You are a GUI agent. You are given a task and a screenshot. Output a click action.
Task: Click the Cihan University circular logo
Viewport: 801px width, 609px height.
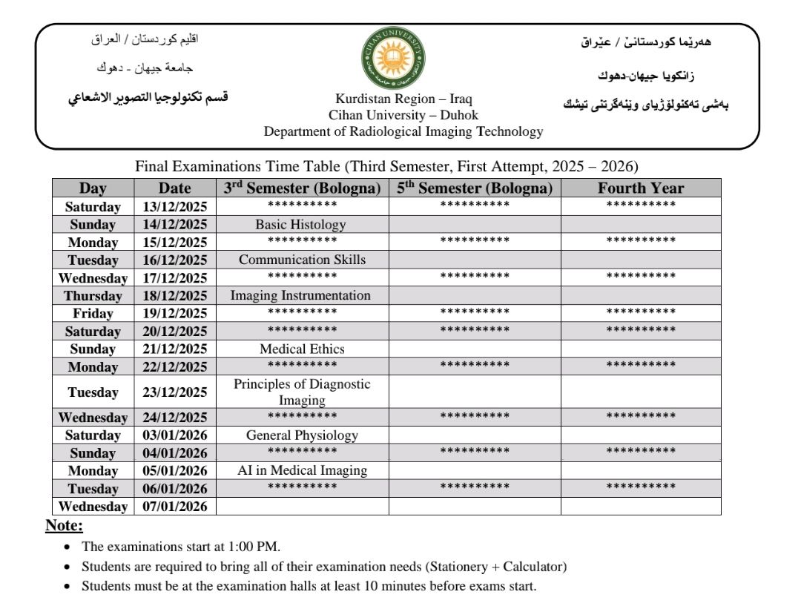[393, 59]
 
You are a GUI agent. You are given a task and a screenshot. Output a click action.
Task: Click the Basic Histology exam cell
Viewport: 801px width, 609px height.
[300, 225]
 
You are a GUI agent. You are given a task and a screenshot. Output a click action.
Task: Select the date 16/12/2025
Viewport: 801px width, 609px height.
[175, 260]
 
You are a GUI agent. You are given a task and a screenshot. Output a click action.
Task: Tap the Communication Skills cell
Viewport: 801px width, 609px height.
[302, 260]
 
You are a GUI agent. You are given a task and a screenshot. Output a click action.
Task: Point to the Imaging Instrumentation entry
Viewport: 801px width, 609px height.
[300, 295]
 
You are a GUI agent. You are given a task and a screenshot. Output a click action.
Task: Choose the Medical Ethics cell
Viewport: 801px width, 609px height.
[302, 349]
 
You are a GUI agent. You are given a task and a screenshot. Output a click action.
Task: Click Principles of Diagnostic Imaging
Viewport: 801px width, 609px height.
[302, 392]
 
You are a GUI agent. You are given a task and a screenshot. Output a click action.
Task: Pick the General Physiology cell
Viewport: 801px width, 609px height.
[302, 435]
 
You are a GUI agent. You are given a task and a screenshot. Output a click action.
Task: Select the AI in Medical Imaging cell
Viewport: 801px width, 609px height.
[302, 470]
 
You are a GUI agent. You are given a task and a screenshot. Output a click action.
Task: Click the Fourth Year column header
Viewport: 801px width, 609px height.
[641, 188]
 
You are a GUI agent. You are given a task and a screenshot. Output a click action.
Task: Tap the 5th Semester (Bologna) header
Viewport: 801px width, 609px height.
[475, 188]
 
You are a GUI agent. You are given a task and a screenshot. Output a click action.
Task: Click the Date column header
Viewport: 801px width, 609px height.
[175, 188]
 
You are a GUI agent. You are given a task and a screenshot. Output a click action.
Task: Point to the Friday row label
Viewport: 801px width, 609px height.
[93, 313]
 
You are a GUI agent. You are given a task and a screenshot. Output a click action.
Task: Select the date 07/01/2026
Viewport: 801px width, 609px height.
[175, 507]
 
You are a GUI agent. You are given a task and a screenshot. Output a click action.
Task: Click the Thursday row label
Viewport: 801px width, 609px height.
[93, 296]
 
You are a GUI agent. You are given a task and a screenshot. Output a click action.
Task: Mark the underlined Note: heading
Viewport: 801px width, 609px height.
[65, 527]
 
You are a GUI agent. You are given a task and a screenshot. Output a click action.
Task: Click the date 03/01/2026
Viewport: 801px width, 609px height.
[175, 435]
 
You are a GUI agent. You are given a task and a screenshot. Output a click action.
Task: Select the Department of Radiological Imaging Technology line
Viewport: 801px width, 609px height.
[403, 132]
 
